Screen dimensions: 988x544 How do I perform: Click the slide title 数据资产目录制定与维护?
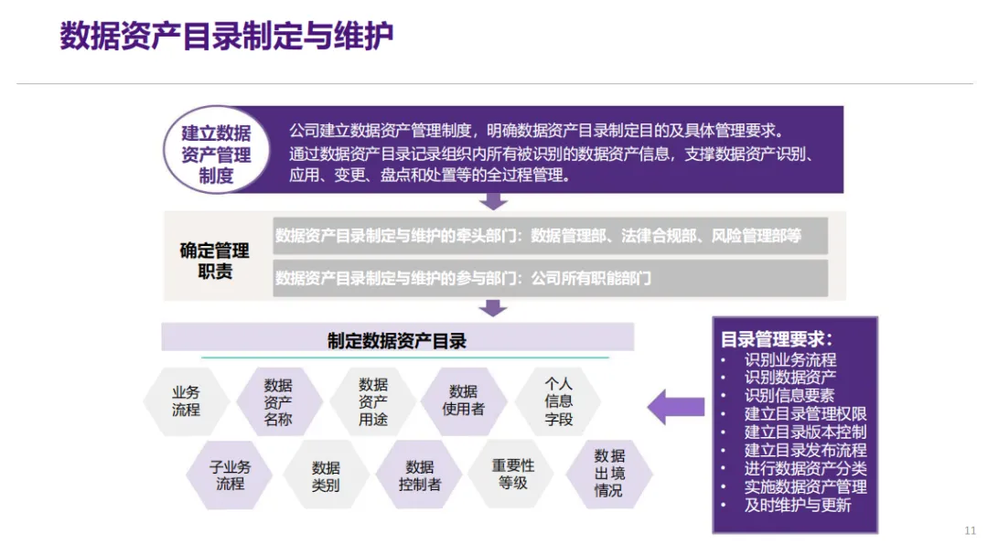coord(227,36)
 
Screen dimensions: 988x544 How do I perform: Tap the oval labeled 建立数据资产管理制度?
coord(216,150)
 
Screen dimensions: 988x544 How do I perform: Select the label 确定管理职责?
coord(215,261)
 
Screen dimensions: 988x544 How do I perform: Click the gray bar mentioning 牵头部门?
coord(550,236)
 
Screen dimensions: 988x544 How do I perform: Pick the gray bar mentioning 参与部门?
coord(550,278)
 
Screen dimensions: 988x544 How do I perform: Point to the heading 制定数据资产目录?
coord(397,341)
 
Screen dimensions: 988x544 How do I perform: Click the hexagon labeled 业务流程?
coord(186,401)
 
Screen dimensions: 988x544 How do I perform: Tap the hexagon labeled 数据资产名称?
coord(278,401)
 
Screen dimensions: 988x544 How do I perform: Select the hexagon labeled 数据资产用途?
coord(373,401)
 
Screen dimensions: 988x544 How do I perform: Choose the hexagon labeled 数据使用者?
coord(464,401)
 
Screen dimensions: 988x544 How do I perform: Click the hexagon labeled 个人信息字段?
coord(558,401)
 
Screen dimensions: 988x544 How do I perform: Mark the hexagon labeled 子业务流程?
coord(230,475)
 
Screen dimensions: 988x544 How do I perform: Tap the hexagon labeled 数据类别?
coord(326,475)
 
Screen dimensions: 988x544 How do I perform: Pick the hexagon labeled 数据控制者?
coord(420,475)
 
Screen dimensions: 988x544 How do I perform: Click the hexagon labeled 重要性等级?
coord(513,475)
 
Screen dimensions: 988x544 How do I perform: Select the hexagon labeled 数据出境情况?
coord(609,475)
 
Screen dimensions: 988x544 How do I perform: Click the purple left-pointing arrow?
coord(676,407)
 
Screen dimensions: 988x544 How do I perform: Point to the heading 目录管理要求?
coord(777,340)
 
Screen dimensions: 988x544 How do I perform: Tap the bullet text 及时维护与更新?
coord(798,505)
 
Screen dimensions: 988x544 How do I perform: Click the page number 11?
coord(970,531)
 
